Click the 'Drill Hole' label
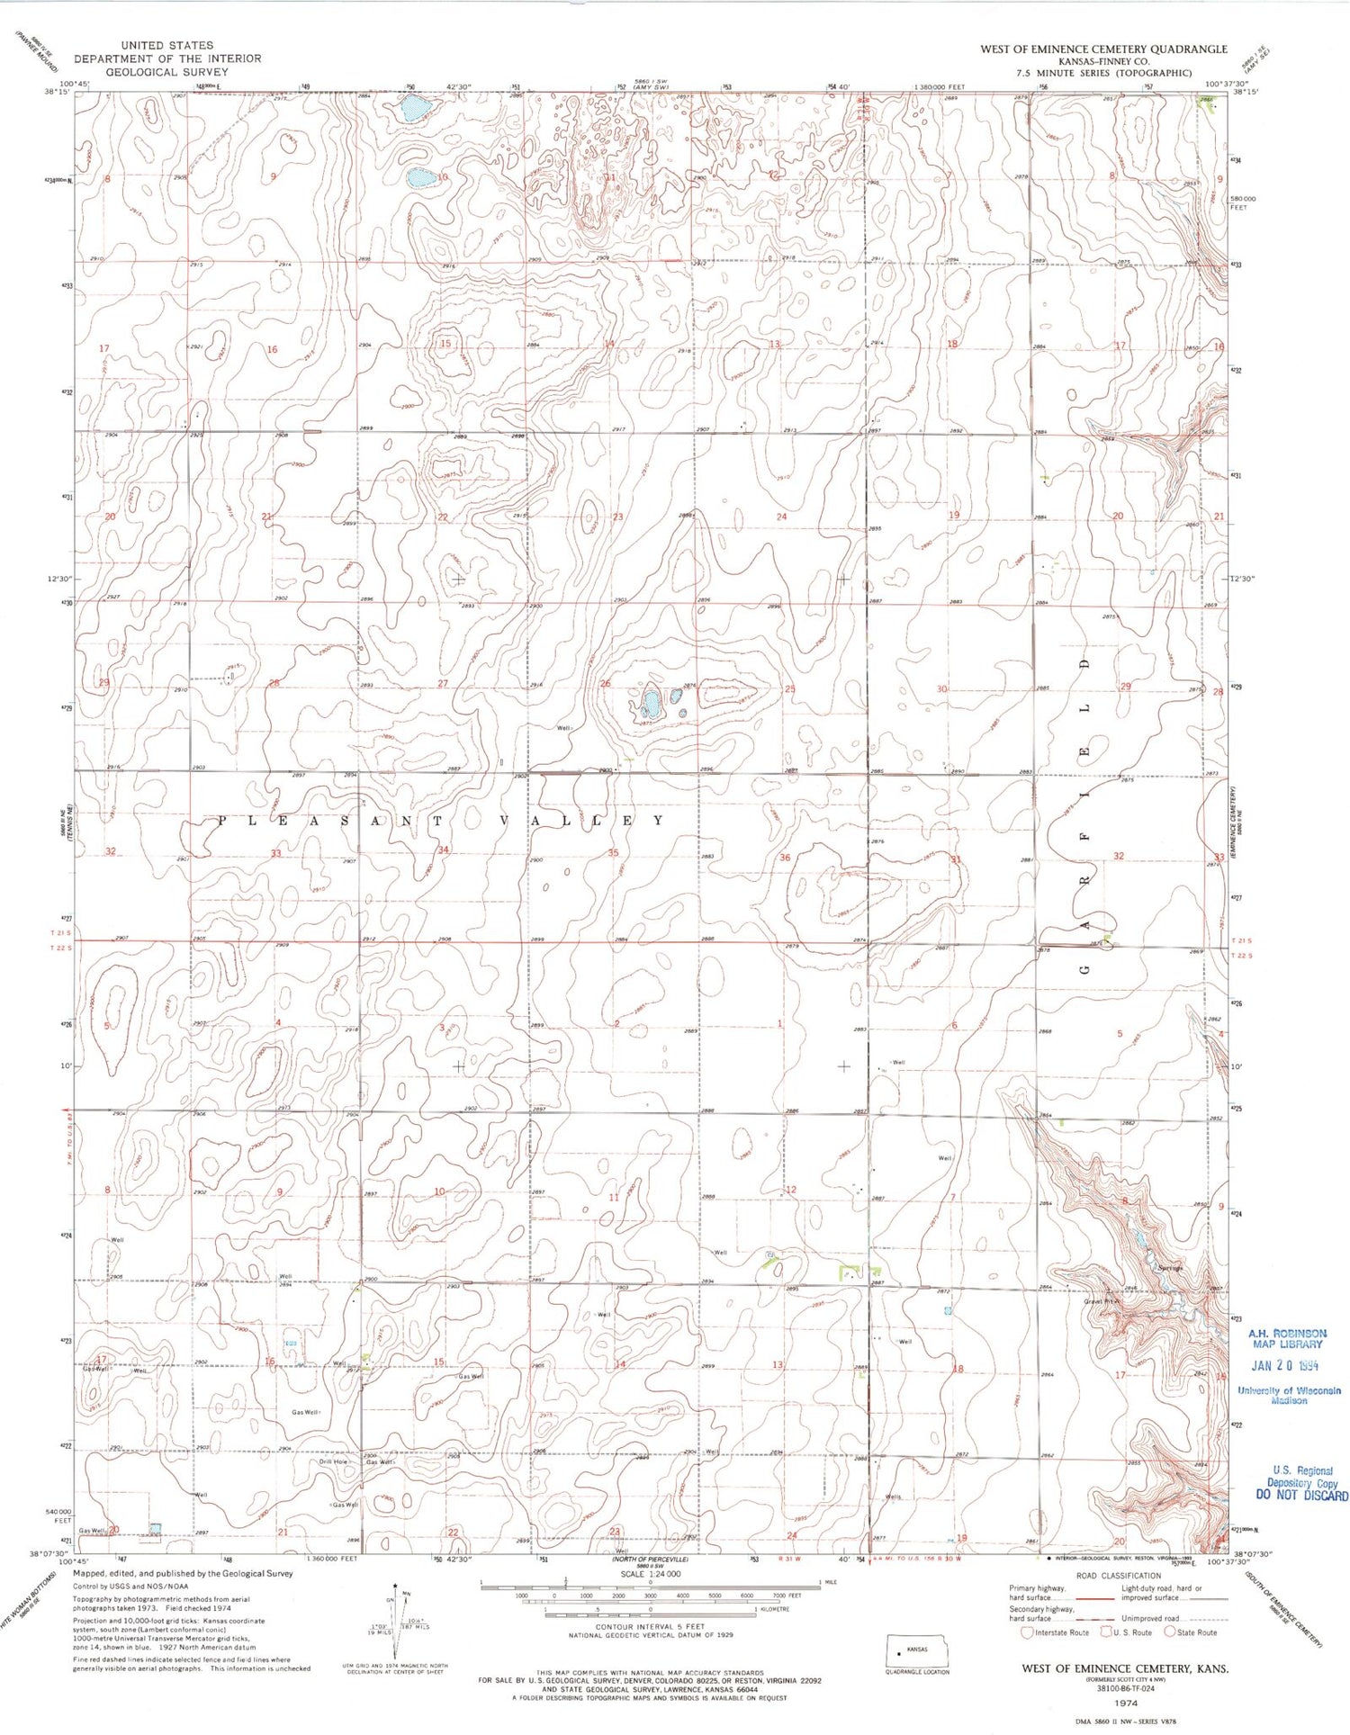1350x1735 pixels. (x=333, y=1461)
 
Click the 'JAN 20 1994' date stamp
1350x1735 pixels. (x=1285, y=1365)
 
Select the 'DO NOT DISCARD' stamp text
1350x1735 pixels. (x=1301, y=1496)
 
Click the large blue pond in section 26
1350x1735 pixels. (x=650, y=701)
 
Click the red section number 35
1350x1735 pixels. (x=613, y=852)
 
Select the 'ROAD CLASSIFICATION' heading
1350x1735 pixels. (x=1119, y=1576)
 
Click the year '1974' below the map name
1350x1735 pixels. (x=1126, y=1703)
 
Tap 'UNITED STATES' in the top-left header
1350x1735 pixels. (x=167, y=45)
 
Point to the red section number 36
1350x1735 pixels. (x=784, y=858)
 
